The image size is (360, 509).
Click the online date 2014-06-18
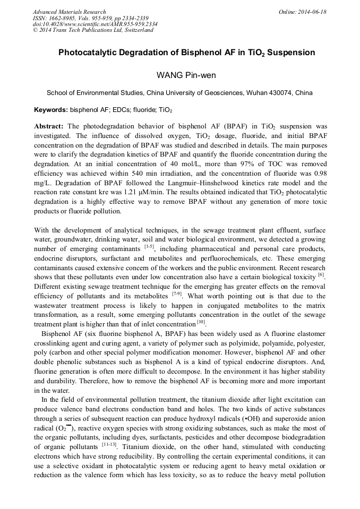click(312, 12)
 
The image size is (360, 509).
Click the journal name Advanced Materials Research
click(70, 12)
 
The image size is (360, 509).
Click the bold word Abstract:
click(49, 126)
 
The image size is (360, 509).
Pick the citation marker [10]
click(201, 322)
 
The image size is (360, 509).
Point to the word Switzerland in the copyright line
click(138, 30)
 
